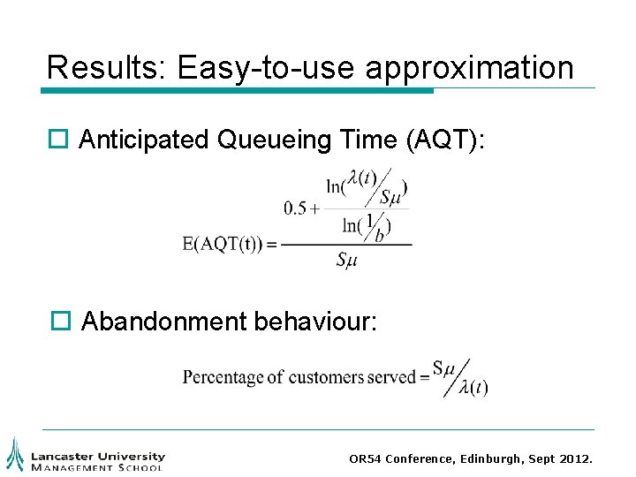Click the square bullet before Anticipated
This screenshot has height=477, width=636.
58,140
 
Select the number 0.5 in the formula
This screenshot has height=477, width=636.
295,208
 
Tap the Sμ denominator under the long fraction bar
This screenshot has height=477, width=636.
346,260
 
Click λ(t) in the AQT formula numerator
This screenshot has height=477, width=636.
360,178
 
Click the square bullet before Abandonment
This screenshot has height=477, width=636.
58,322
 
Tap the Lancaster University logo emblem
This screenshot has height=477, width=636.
15,453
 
